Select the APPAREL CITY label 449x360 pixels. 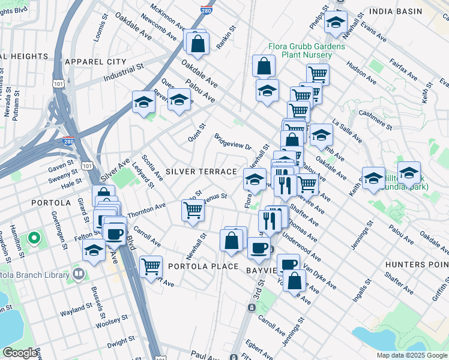(95, 62)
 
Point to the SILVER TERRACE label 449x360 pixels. (201, 172)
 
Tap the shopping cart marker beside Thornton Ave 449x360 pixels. (193, 211)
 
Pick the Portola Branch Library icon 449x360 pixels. (78, 274)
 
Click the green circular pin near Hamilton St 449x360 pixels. (34, 239)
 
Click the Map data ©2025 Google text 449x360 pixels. (412, 355)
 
